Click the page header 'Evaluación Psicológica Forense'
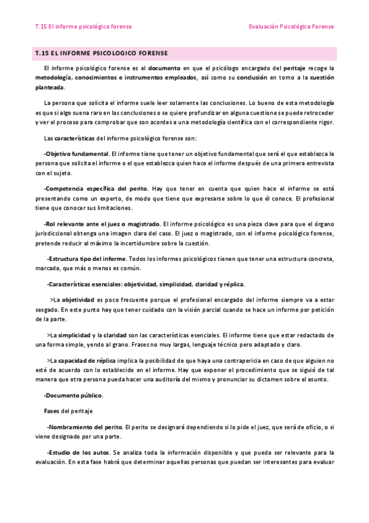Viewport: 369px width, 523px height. (291, 27)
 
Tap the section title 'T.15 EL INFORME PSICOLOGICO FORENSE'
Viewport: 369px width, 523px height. (102, 54)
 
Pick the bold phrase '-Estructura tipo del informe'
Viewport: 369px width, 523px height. (87, 259)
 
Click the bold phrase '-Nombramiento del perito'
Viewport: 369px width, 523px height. (84, 427)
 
